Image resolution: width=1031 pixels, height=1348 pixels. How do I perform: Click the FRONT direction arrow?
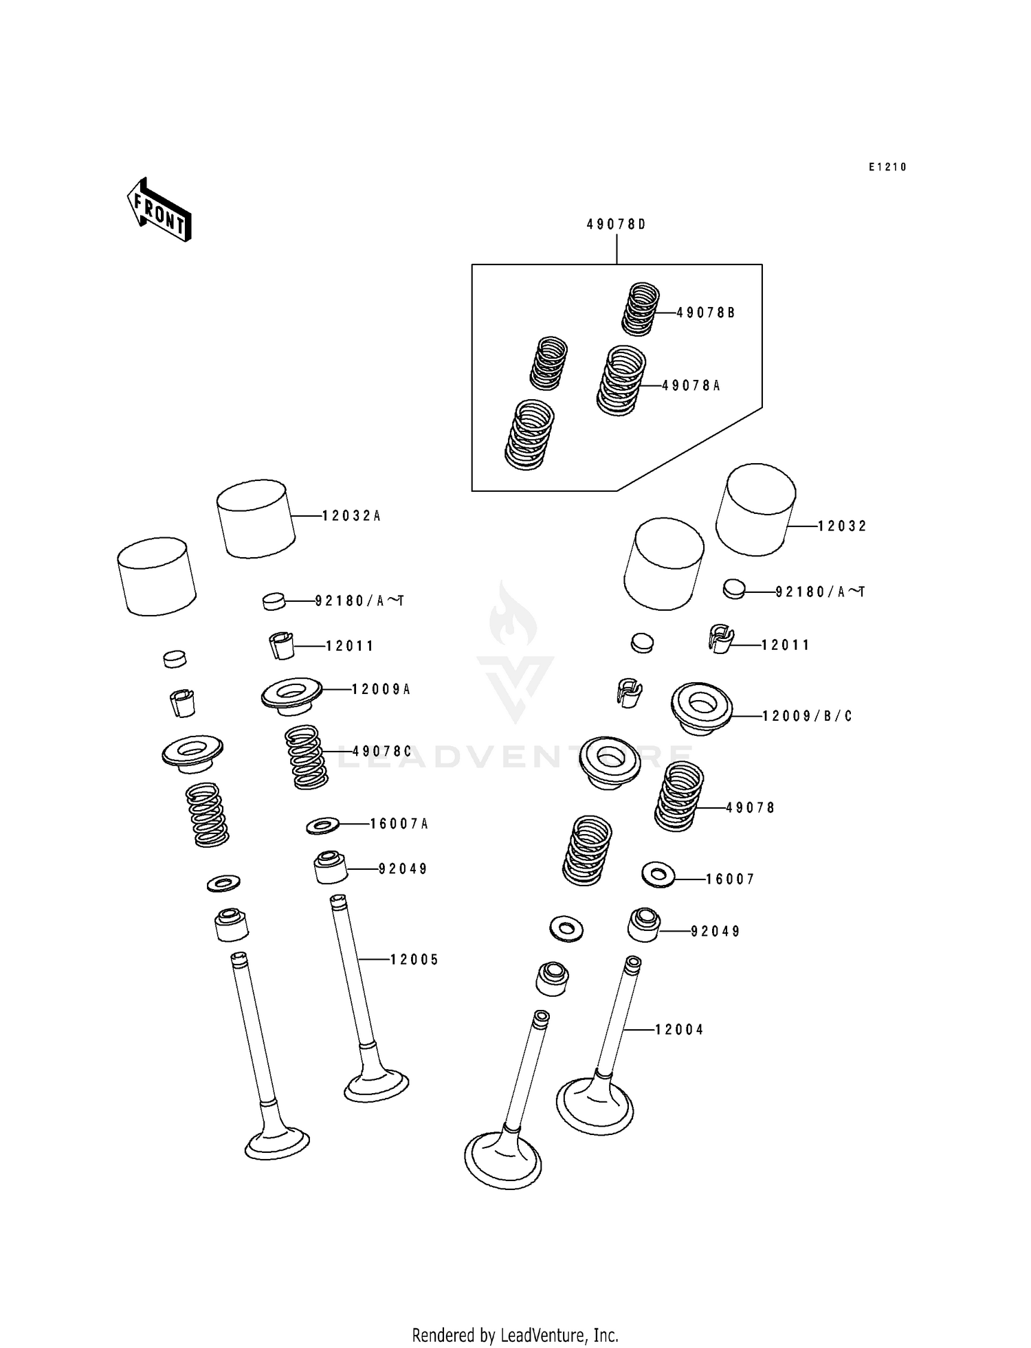(x=158, y=210)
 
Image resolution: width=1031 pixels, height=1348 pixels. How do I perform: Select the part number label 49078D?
(x=616, y=225)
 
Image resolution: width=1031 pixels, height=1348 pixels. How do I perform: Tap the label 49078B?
(x=705, y=313)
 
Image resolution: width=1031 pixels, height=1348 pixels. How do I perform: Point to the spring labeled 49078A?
(x=621, y=381)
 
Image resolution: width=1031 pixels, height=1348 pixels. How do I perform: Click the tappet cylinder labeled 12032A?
(x=255, y=518)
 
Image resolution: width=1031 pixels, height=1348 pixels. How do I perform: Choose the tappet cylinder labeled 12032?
(x=755, y=509)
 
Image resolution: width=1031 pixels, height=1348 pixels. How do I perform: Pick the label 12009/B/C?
(x=807, y=716)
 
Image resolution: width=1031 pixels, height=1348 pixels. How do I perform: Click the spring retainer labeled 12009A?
(x=291, y=696)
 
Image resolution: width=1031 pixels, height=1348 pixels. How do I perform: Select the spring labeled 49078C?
(x=306, y=757)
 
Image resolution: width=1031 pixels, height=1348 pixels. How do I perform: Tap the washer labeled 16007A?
(x=322, y=825)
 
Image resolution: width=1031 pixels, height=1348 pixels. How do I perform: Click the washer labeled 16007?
(x=658, y=875)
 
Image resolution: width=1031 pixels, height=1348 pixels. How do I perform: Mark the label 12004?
(x=679, y=1029)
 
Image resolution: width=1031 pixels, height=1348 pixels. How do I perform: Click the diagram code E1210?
(x=887, y=167)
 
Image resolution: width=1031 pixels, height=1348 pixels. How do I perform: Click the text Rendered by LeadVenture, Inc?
(x=515, y=1335)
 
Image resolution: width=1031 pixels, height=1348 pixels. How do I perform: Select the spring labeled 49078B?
(x=641, y=309)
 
